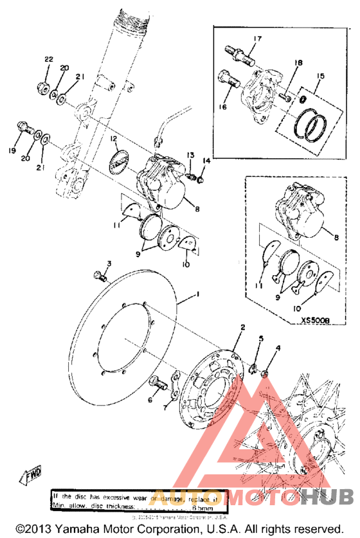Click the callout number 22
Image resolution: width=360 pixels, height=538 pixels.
48,60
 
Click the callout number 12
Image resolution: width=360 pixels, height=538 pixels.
113,138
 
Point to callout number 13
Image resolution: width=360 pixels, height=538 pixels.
190,156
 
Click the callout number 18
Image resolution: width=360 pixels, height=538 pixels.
298,63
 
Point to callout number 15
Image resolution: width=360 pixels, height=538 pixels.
320,77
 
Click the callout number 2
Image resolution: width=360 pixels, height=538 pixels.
242,327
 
